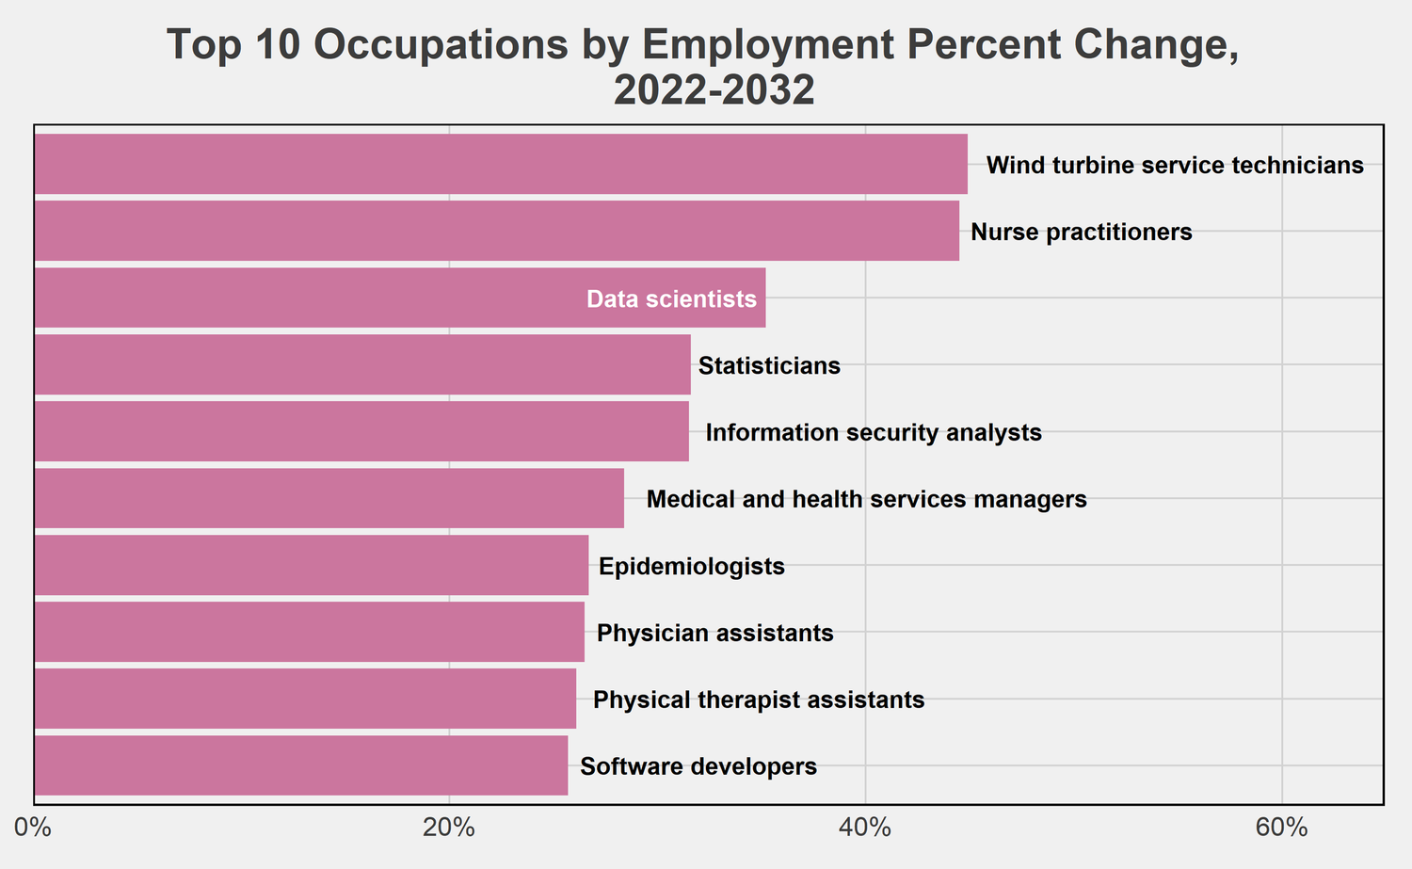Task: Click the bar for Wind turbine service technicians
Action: click(x=501, y=164)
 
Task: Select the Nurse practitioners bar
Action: click(x=497, y=231)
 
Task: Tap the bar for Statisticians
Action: click(x=362, y=364)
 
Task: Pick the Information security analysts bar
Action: click(x=361, y=431)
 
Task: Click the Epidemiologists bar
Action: click(x=312, y=565)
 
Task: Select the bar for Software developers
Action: click(x=301, y=765)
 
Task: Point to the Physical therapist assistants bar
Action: click(x=305, y=699)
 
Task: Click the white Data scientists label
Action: click(x=671, y=299)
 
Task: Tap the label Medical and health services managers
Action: click(x=866, y=499)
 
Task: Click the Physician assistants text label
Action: click(x=715, y=633)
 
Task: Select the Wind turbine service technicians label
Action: click(x=1175, y=166)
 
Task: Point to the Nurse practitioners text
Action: click(x=1082, y=232)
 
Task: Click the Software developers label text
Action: click(x=698, y=766)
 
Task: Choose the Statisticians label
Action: click(x=769, y=365)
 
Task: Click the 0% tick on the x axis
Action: click(x=34, y=829)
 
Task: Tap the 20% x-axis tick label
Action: click(x=449, y=829)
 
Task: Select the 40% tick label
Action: click(x=865, y=829)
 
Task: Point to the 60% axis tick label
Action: click(x=1281, y=829)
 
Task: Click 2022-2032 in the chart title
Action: click(x=714, y=91)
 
